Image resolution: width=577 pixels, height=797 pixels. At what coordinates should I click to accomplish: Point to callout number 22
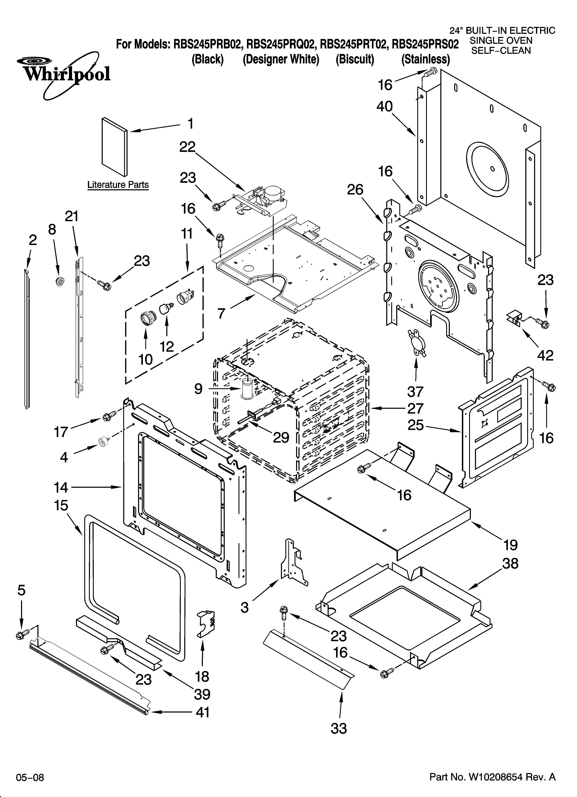[x=187, y=147]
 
